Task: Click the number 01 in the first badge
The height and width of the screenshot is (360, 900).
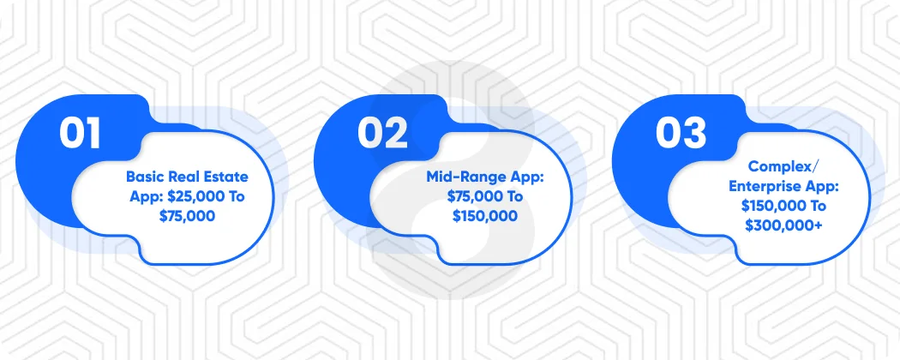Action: pyautogui.click(x=80, y=134)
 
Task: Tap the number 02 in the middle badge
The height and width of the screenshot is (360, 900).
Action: pyautogui.click(x=382, y=134)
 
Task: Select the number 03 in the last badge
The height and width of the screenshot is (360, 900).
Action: pyautogui.click(x=681, y=134)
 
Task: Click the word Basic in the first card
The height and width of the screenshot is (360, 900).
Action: pyautogui.click(x=147, y=177)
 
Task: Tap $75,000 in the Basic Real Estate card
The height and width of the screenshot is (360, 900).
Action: pyautogui.click(x=187, y=217)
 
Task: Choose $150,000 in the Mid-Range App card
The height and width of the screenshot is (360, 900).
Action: pyautogui.click(x=485, y=217)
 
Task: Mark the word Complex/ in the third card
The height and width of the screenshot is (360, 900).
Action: pyautogui.click(x=779, y=167)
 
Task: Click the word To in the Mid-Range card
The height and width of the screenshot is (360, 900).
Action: pyautogui.click(x=513, y=197)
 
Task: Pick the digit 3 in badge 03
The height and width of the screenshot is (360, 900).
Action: pyautogui.click(x=695, y=134)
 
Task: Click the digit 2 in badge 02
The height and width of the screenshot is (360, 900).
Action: pyautogui.click(x=397, y=134)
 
